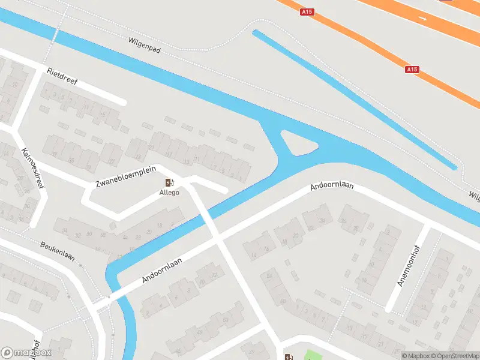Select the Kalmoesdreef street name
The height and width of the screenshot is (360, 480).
point(32,168)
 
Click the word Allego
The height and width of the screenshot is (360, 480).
point(169,193)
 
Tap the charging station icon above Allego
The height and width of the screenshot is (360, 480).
point(169,182)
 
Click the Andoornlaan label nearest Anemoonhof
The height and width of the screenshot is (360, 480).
point(332,187)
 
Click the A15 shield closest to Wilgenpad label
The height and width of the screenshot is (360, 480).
point(308,11)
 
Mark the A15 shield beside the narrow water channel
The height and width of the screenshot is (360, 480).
point(412,70)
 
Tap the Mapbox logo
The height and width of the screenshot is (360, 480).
point(26,353)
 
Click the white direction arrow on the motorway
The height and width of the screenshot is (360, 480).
point(424,19)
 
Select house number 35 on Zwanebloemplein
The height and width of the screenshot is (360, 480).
point(71,160)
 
